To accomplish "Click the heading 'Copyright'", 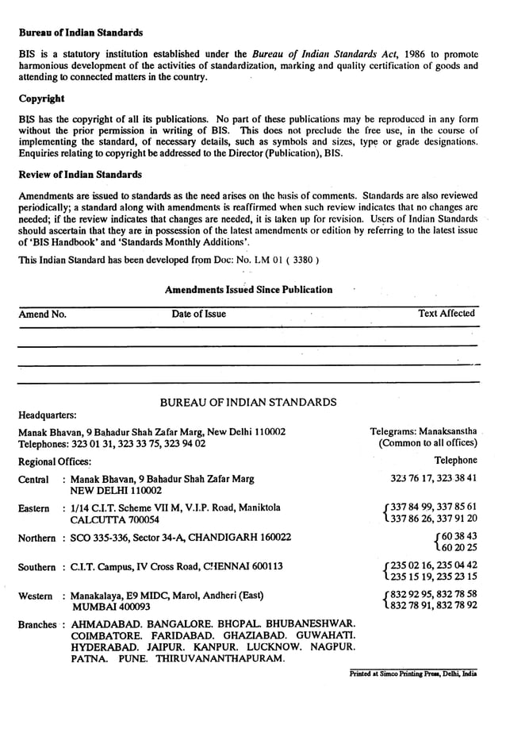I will [x=41, y=99].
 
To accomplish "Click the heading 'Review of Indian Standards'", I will [x=80, y=175].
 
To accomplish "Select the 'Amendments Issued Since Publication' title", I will [x=248, y=290].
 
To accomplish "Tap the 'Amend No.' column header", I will [x=42, y=314].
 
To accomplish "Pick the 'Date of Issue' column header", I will [x=198, y=314].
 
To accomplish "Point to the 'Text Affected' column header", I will [x=447, y=314].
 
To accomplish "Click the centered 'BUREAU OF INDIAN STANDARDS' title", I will [x=248, y=402].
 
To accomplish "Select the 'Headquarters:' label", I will [x=48, y=415].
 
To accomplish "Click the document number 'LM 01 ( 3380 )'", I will [x=280, y=260].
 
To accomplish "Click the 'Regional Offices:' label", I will [x=54, y=461].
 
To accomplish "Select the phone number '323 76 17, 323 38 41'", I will [x=434, y=479].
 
